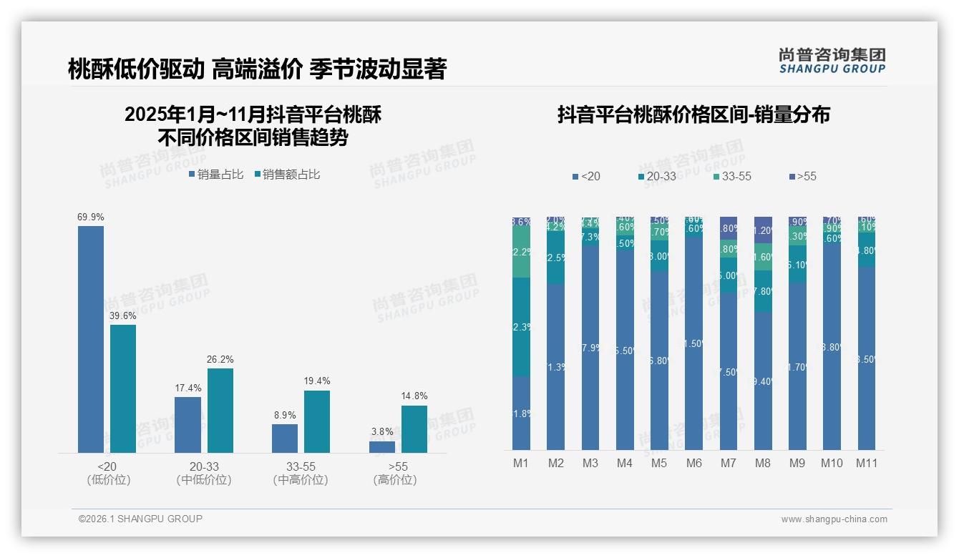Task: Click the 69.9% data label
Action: pyautogui.click(x=91, y=217)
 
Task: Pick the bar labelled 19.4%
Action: pyautogui.click(x=317, y=421)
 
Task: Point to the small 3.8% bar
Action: pyautogui.click(x=382, y=447)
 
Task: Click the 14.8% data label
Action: pyautogui.click(x=414, y=396)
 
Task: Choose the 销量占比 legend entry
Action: pyautogui.click(x=216, y=175)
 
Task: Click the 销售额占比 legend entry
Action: pyautogui.click(x=287, y=175)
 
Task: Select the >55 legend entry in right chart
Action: pyautogui.click(x=802, y=177)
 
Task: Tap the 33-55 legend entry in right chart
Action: pyautogui.click(x=732, y=177)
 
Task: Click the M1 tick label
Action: pyautogui.click(x=521, y=463)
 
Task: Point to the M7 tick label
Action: pyautogui.click(x=728, y=463)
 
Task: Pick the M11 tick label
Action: pyautogui.click(x=867, y=463)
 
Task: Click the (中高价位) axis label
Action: pyautogui.click(x=301, y=480)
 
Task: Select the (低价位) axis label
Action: pyautogui.click(x=109, y=480)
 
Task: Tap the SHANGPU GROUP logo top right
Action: pyautogui.click(x=832, y=61)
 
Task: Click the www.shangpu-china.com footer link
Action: pyautogui.click(x=834, y=519)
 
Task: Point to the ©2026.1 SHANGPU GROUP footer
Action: pyautogui.click(x=140, y=519)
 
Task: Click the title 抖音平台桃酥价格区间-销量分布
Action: pyautogui.click(x=693, y=115)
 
